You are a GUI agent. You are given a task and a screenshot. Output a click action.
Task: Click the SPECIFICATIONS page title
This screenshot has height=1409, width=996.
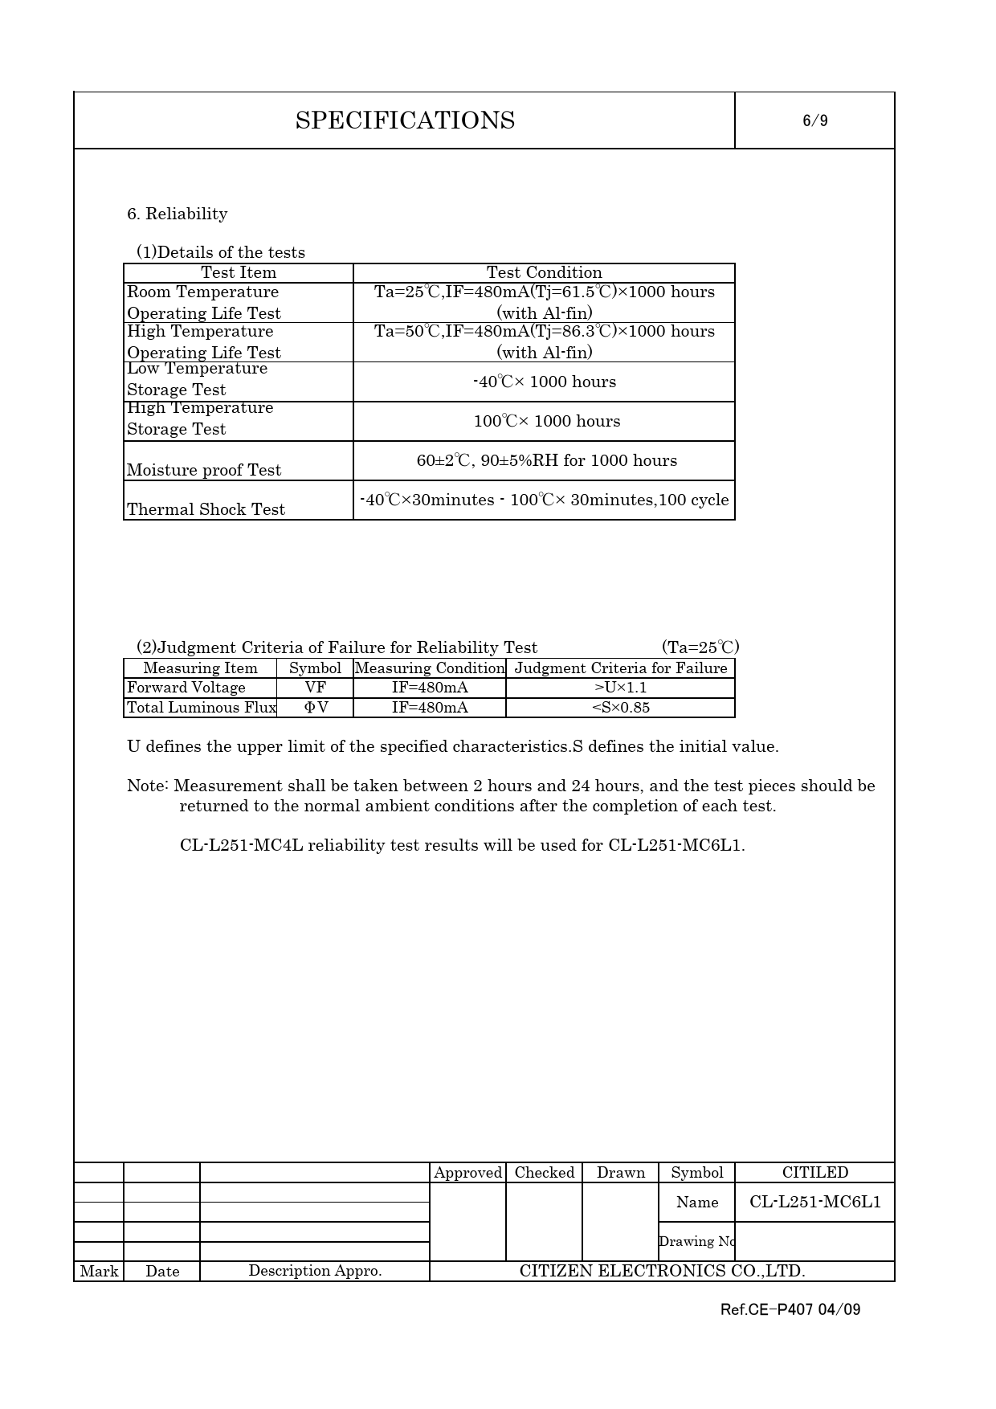[405, 120]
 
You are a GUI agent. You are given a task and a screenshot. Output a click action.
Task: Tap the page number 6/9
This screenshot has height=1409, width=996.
[814, 121]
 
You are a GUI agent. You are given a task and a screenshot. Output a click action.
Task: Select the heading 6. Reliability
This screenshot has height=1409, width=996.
[177, 214]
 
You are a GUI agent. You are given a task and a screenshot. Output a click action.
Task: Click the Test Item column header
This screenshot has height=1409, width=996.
[238, 273]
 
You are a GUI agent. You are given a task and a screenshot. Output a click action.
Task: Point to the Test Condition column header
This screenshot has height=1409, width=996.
[544, 273]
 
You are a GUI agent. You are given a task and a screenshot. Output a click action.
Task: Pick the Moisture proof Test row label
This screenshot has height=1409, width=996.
[204, 470]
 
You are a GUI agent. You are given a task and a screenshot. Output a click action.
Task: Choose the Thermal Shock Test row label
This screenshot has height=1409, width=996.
[206, 509]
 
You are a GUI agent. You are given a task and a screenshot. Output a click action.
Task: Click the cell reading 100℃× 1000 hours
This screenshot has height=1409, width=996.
[546, 422]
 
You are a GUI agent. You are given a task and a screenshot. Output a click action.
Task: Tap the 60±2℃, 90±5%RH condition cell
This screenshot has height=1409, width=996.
[546, 461]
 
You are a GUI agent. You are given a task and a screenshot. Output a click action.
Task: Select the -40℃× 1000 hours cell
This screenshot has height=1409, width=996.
[545, 382]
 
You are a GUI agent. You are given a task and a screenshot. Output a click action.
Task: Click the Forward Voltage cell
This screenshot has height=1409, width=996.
[186, 688]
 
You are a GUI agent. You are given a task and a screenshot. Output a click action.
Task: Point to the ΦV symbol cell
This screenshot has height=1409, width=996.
[315, 708]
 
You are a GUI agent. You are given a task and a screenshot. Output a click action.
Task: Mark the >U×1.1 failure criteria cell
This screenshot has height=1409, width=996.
[620, 688]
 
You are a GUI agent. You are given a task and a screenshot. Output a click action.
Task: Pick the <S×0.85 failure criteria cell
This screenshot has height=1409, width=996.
[620, 708]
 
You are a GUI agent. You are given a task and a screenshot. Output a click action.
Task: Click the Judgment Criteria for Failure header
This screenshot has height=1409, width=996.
[620, 668]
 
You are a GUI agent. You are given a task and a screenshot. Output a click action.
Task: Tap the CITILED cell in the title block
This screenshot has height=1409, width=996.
[814, 1173]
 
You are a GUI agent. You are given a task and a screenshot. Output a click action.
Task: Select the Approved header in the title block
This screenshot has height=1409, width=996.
[467, 1173]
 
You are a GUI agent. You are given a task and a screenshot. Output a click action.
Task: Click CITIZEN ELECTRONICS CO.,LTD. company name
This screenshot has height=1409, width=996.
[662, 1271]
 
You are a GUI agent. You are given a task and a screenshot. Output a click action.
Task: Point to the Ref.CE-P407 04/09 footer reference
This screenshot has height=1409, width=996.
[790, 1310]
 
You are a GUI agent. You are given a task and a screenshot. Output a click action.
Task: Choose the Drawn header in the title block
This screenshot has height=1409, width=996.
[620, 1173]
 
